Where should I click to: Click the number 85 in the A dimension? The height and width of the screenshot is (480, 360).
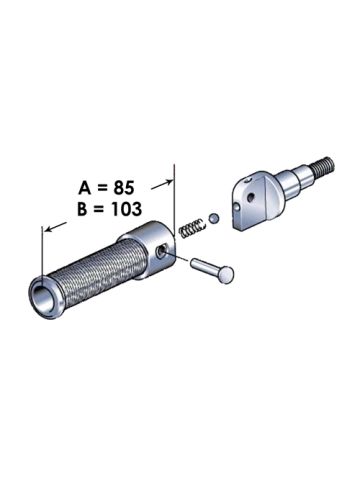[x=124, y=188]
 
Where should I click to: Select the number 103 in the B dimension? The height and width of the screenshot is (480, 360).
[x=126, y=209]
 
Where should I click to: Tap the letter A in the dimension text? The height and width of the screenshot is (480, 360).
[x=85, y=188]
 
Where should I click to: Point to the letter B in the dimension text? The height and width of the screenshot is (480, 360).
[x=83, y=209]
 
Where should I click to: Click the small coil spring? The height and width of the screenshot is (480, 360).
[x=191, y=227]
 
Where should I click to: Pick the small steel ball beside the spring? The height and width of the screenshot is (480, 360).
[x=214, y=218]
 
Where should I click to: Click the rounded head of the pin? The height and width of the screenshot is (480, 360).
[x=226, y=274]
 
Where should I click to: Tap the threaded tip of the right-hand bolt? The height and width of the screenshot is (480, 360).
[x=323, y=167]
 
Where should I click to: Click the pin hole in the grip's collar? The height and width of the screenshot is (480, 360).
[x=161, y=251]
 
